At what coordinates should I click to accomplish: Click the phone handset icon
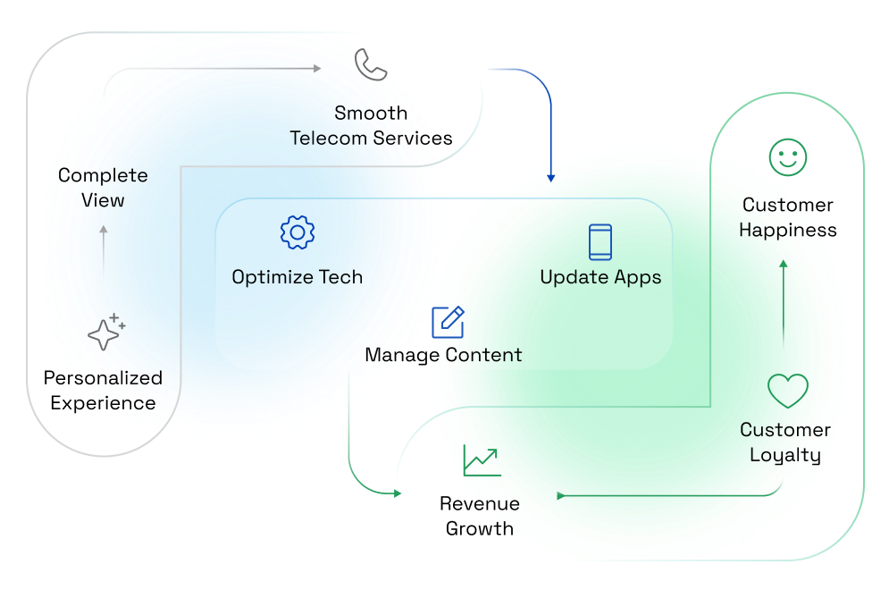point(371,65)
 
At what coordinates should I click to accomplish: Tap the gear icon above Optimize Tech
point(298,232)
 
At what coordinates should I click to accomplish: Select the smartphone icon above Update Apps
point(600,241)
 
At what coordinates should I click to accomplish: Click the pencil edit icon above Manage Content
point(448,322)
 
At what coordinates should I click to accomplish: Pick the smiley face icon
point(788,158)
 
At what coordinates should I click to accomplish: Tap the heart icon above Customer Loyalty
point(787,391)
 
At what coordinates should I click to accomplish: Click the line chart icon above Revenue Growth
point(482,460)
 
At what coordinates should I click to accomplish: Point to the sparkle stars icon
point(105,333)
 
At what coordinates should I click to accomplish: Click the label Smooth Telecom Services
point(371,126)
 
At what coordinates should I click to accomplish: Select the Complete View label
point(103,188)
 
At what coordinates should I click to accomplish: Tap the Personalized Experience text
point(103,390)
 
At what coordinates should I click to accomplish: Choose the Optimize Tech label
point(297,277)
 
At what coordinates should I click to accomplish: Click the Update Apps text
point(600,277)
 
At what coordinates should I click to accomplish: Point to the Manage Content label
point(443,355)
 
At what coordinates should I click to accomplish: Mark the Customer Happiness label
point(788,217)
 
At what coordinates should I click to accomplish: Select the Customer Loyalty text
point(785,442)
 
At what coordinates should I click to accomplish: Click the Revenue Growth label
point(480,516)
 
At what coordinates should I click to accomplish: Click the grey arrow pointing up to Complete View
point(104,246)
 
